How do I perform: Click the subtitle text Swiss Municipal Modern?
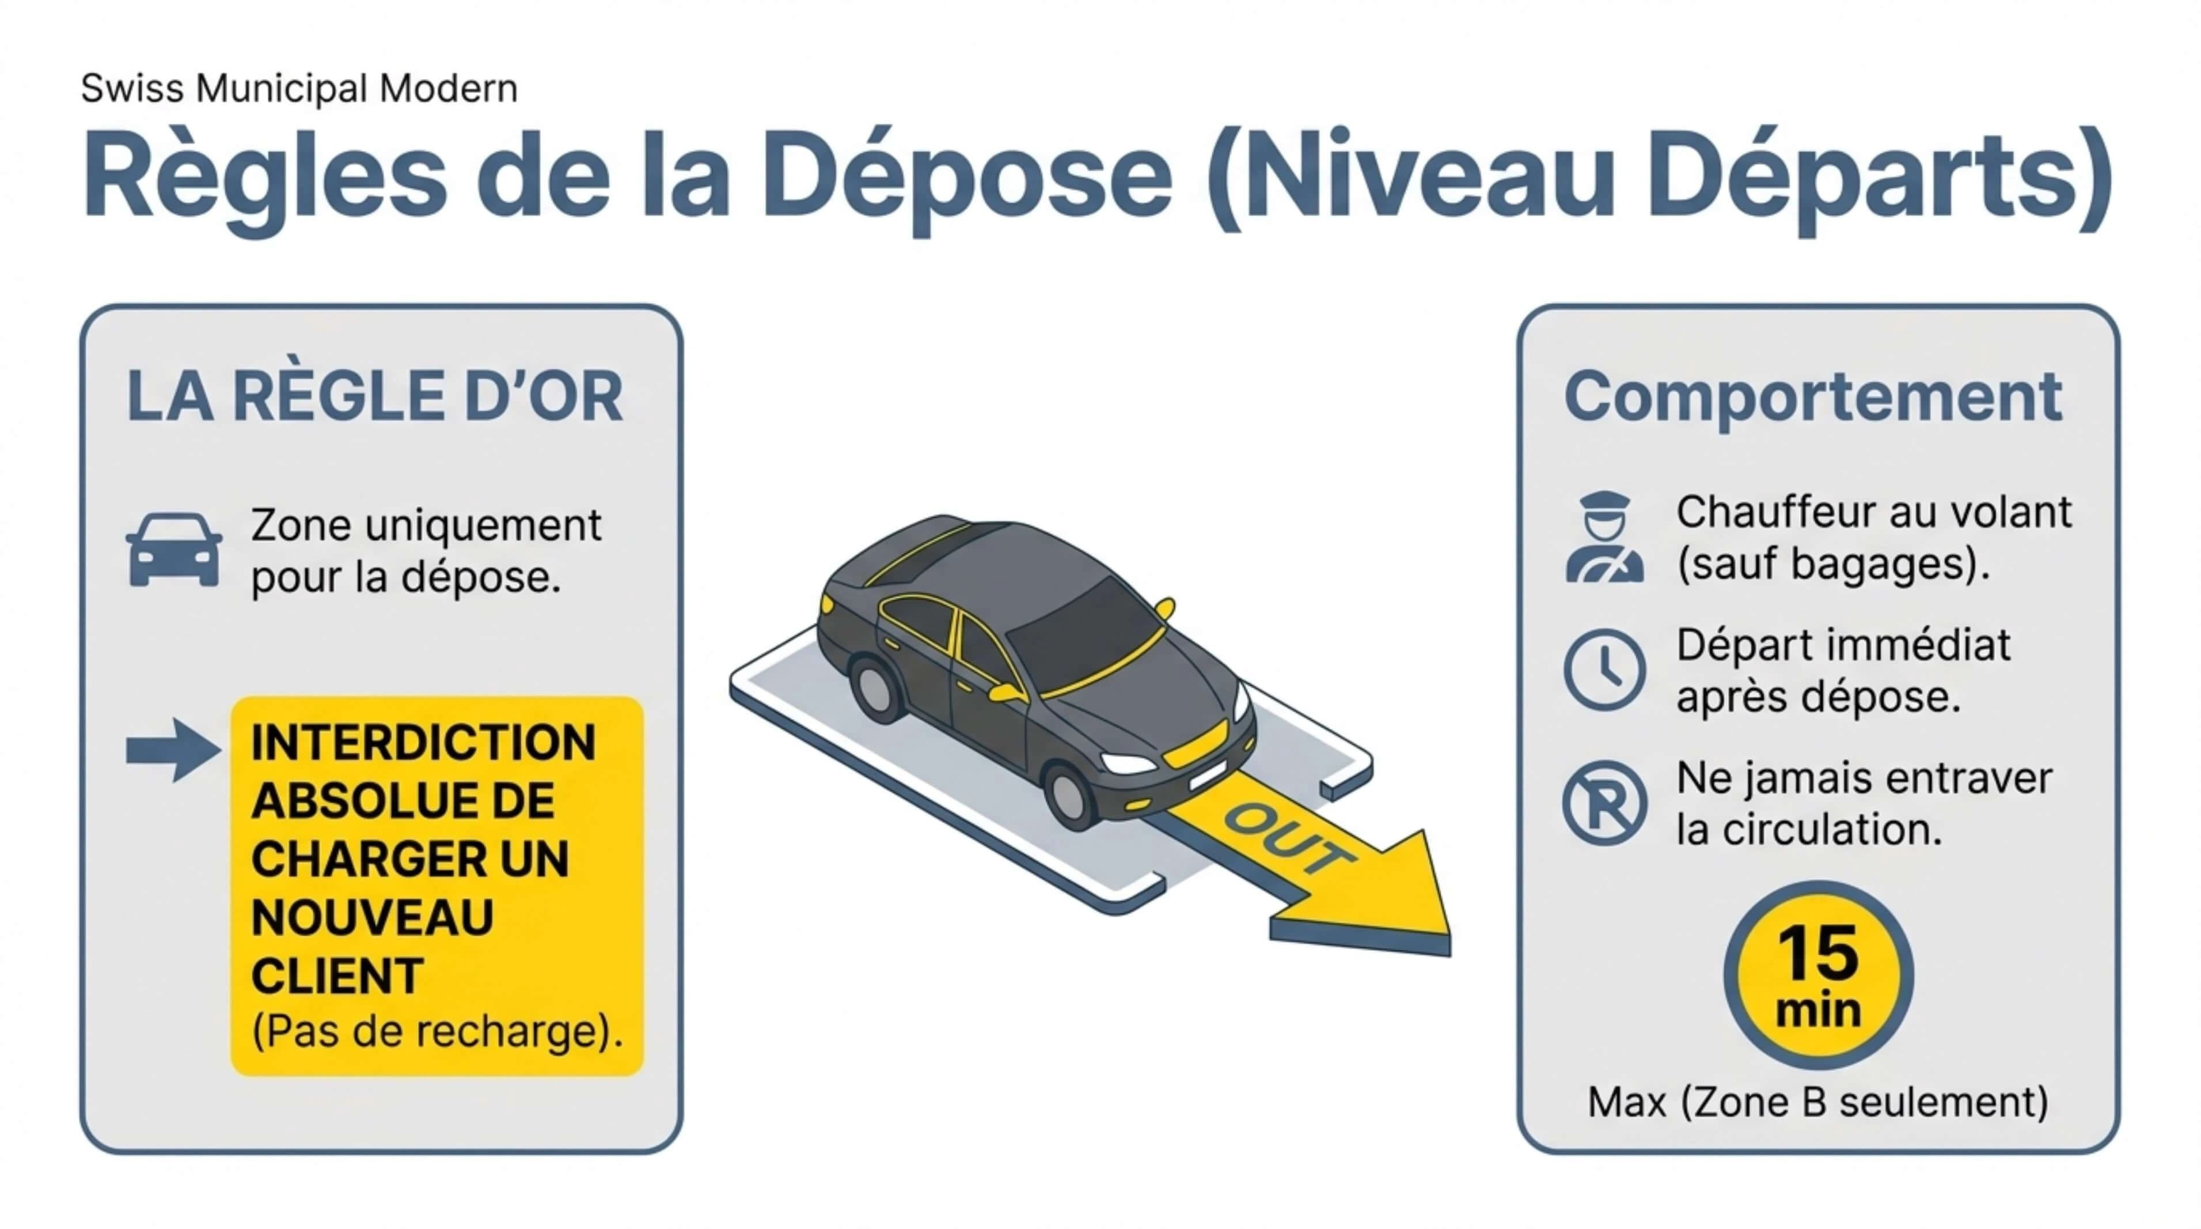coord(299,88)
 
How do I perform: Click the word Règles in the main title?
coord(265,175)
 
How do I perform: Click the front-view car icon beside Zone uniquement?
coord(173,550)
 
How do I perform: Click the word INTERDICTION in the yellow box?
coord(423,742)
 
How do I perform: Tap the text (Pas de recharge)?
coord(437,1031)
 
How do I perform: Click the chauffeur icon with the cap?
coord(1604,538)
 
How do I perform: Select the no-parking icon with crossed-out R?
coord(1604,803)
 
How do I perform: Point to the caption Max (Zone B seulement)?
coord(1817,1102)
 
